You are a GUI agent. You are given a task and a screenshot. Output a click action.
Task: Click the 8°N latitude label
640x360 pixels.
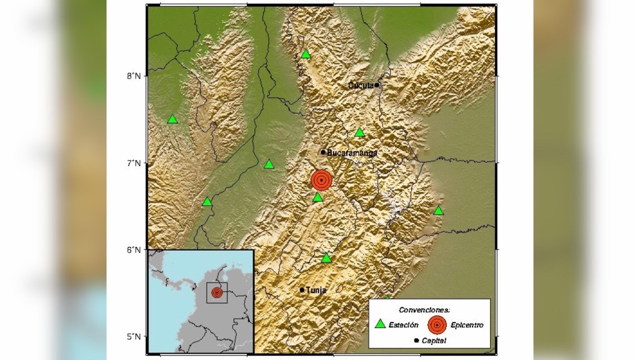134,76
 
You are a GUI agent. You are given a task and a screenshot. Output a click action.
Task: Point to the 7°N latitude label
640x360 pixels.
134,163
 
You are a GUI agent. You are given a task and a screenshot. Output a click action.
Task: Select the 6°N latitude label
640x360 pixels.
134,250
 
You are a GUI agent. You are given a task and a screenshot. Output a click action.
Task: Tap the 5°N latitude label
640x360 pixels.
134,337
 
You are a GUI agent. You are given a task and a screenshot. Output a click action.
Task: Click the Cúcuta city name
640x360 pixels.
361,85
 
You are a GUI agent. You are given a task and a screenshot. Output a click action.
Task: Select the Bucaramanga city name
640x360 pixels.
352,152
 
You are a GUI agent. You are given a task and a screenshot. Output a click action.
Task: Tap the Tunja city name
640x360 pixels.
316,290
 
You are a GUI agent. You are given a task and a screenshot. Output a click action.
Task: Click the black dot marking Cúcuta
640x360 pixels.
377,85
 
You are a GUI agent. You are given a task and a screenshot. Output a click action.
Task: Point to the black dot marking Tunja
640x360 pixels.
302,290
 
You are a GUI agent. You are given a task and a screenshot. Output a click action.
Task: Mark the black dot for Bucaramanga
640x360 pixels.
323,152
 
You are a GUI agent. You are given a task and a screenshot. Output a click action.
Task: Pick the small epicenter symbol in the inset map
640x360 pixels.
217,292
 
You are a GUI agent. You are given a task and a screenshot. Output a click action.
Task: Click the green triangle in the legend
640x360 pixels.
379,324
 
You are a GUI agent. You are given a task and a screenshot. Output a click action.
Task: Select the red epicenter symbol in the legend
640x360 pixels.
436,324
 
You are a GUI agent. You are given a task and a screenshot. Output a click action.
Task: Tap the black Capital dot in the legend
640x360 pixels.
416,341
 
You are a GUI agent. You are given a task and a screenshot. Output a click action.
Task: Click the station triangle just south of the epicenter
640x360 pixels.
317,197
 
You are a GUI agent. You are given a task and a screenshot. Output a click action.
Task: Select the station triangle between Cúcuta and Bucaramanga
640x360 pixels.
359,132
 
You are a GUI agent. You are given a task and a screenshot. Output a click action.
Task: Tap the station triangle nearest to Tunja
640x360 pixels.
326,258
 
